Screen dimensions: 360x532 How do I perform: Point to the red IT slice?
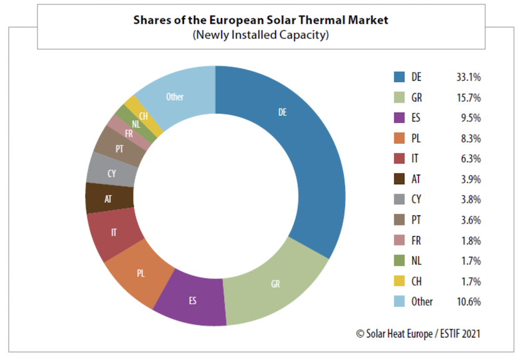(113, 232)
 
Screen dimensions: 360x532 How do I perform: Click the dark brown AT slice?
(108, 198)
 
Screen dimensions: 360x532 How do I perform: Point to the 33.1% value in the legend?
(468, 78)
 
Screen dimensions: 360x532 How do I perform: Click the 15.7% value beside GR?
(468, 98)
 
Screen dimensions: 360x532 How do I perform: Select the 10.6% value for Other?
(468, 302)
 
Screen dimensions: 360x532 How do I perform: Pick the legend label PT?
(417, 220)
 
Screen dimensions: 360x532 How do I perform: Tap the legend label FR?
(417, 240)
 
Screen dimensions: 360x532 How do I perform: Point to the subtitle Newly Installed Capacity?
(260, 35)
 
